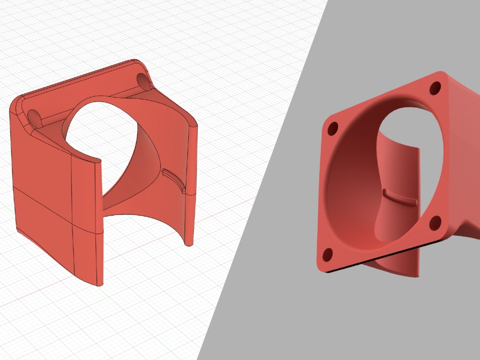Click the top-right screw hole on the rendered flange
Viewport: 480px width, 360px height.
pos(435,88)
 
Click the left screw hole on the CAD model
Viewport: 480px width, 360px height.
pos(35,116)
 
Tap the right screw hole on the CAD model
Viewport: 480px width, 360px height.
pos(143,80)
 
